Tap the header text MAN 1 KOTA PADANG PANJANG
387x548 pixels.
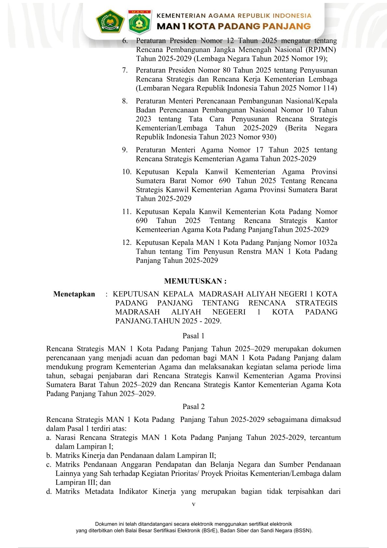[234, 26]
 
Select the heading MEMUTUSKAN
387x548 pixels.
[195, 281]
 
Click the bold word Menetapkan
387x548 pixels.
[74, 294]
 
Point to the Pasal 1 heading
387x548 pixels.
[193, 336]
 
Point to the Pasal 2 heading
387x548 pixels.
[193, 407]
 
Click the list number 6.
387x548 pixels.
[125, 41]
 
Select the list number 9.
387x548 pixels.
[125, 150]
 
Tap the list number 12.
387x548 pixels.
[127, 243]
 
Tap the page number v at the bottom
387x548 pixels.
[193, 504]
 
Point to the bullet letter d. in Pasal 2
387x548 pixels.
[49, 492]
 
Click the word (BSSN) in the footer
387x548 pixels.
[302, 531]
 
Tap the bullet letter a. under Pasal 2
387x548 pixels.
[49, 438]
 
